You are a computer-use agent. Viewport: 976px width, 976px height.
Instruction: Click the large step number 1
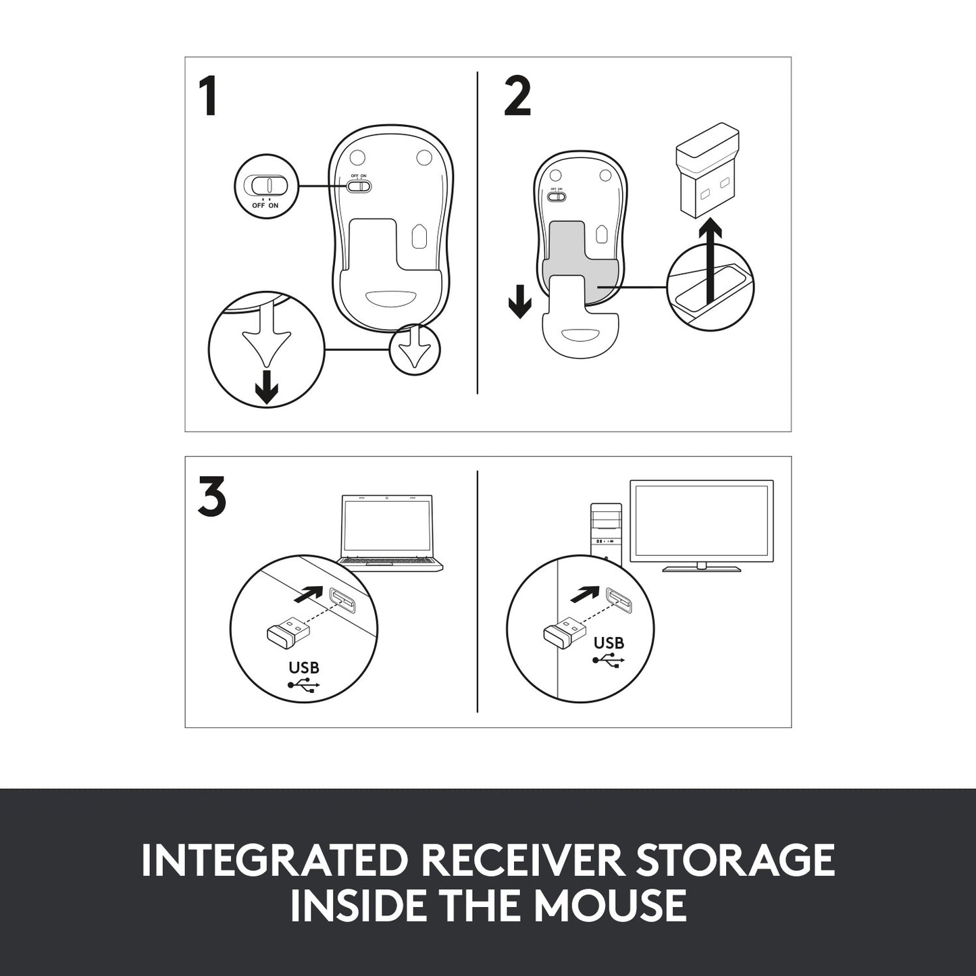tap(208, 97)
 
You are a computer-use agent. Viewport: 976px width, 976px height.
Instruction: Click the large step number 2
tap(517, 97)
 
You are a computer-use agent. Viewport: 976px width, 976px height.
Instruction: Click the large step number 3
tap(212, 497)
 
